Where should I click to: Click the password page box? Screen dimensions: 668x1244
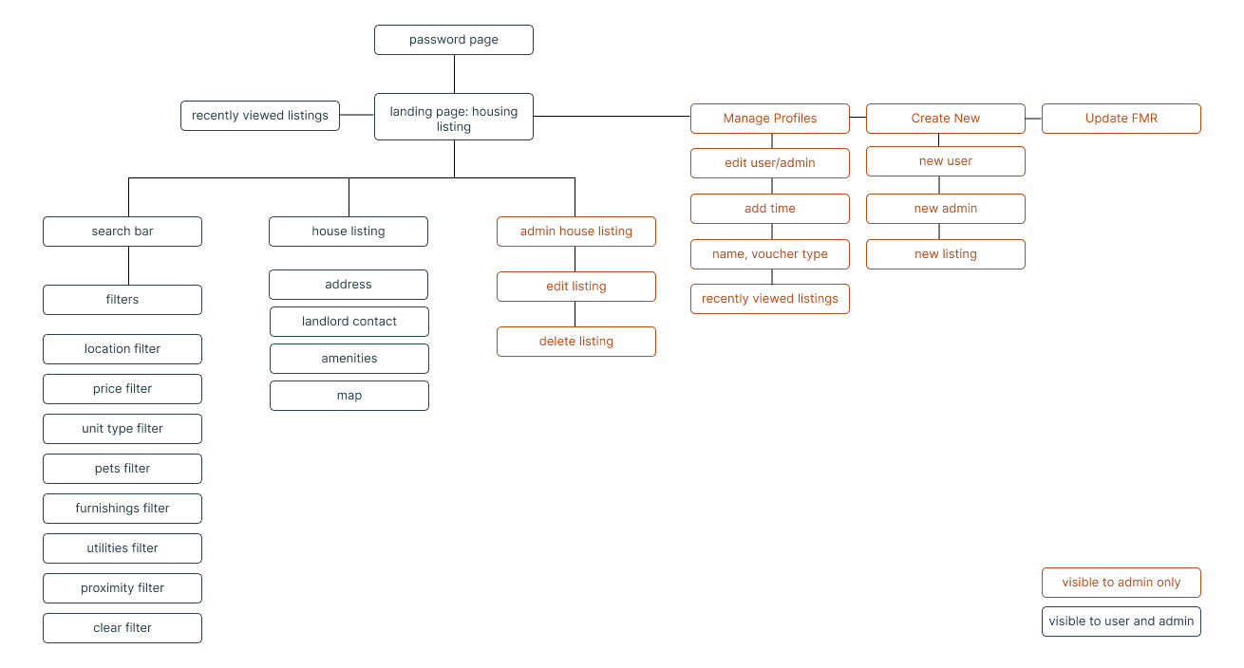pyautogui.click(x=454, y=40)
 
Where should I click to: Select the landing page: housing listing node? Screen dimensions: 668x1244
pyautogui.click(x=454, y=117)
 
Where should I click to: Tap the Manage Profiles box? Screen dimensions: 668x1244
pyautogui.click(x=770, y=119)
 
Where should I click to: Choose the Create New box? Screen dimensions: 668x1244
pyautogui.click(x=946, y=119)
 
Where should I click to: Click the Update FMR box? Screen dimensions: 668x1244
pyautogui.click(x=1121, y=119)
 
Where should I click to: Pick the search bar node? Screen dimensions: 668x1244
pyautogui.click(x=123, y=232)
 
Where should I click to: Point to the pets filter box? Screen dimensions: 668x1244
pyautogui.click(x=123, y=469)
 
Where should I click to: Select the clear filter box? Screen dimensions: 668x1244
pyautogui.click(x=123, y=628)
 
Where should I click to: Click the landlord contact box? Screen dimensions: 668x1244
pyautogui.click(x=349, y=322)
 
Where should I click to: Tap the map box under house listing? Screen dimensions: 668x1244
pyautogui.click(x=349, y=396)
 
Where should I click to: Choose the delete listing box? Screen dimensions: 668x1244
pyautogui.click(x=576, y=342)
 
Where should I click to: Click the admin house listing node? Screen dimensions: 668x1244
pyautogui.click(x=576, y=232)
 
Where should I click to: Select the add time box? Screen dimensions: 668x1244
pyautogui.click(x=770, y=209)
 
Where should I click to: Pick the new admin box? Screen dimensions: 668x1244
pyautogui.click(x=946, y=209)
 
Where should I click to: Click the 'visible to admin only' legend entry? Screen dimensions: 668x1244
pyautogui.click(x=1121, y=583)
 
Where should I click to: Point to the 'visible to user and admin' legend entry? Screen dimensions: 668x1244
pyautogui.click(x=1121, y=622)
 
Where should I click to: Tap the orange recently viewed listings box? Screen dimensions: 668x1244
pyautogui.click(x=770, y=299)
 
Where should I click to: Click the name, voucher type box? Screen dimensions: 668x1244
pyautogui.click(x=770, y=254)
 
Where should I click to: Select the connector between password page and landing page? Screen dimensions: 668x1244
pyautogui.click(x=454, y=74)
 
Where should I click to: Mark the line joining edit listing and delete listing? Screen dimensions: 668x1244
pyautogui.click(x=575, y=314)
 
